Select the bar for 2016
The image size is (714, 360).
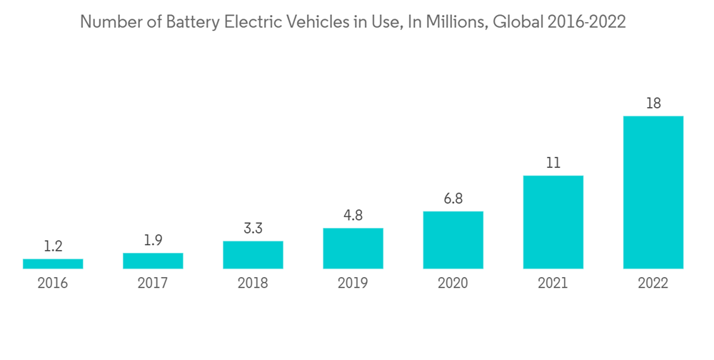[x=53, y=264]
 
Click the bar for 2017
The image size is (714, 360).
[x=153, y=261]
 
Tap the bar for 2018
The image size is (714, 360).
[x=253, y=255]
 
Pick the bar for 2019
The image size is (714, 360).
[x=353, y=249]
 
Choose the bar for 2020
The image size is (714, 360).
[x=453, y=240]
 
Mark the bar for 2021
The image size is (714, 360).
[x=553, y=222]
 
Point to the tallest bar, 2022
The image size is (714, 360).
[x=653, y=192]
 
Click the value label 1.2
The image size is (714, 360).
[x=53, y=246]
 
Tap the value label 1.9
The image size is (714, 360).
[x=153, y=241]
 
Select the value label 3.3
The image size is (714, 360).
[x=253, y=229]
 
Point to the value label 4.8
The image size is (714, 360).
[x=353, y=216]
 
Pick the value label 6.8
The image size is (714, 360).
[x=453, y=199]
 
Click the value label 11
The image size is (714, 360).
[x=553, y=163]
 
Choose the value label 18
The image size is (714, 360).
[x=653, y=104]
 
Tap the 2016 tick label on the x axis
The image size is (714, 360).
[x=53, y=284]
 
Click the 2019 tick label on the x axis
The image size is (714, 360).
[x=353, y=284]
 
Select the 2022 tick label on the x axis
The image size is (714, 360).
[x=653, y=284]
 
